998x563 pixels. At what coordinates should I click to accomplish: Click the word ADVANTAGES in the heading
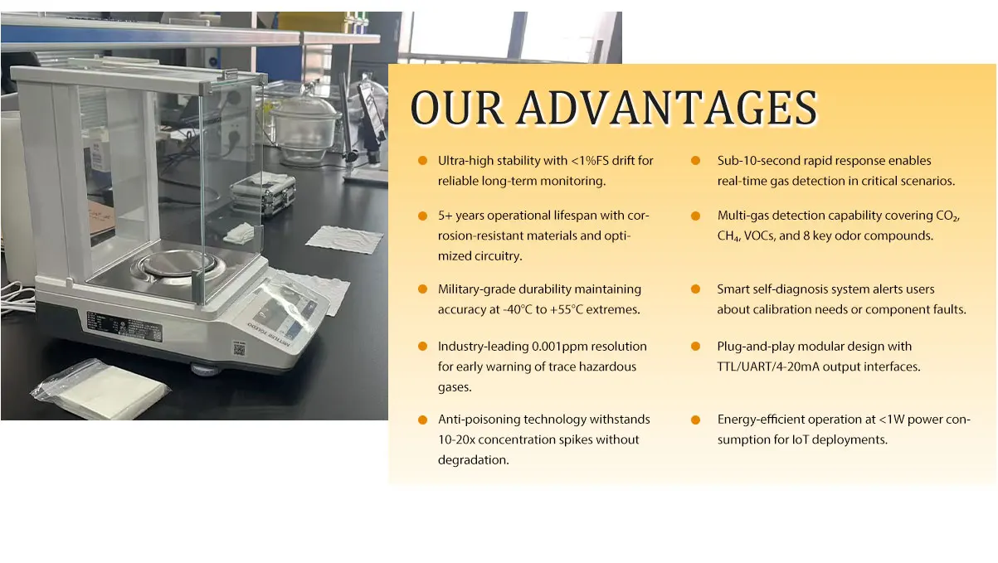click(667, 108)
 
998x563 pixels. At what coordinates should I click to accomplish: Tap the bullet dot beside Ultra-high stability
click(422, 160)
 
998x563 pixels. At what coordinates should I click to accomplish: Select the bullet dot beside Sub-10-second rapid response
click(695, 160)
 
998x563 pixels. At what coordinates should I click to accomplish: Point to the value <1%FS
click(590, 160)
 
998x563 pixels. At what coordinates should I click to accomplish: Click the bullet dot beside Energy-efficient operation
click(695, 420)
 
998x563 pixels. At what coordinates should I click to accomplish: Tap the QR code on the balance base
click(239, 349)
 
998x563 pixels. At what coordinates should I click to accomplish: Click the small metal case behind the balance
click(263, 193)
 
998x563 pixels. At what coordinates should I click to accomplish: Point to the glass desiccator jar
click(304, 129)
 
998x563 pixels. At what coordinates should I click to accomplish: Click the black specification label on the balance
click(124, 327)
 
